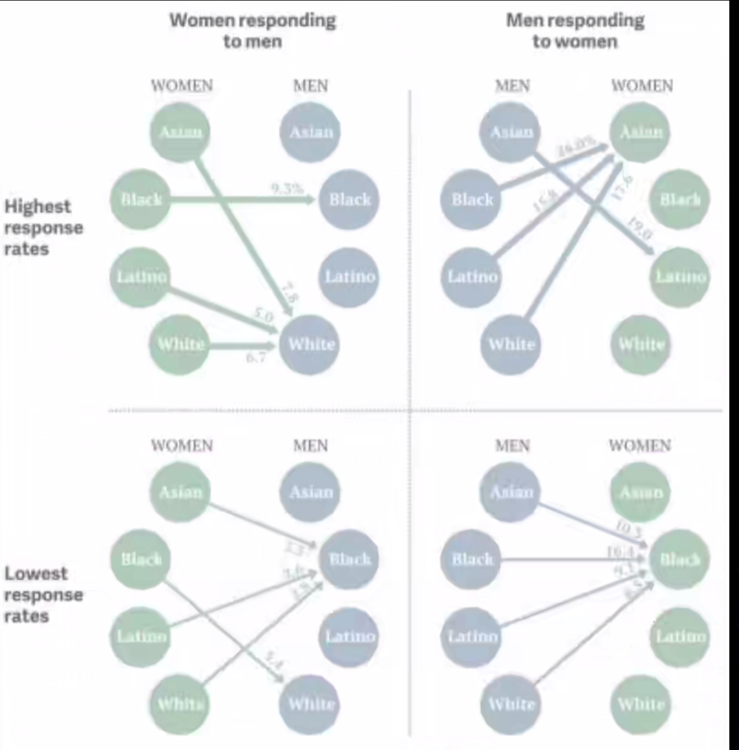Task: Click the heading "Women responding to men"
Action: pyautogui.click(x=253, y=31)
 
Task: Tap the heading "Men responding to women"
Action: pyautogui.click(x=575, y=31)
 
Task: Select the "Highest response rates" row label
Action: pyautogui.click(x=43, y=227)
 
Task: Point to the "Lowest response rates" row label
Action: pyautogui.click(x=43, y=595)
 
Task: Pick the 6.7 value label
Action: pyautogui.click(x=255, y=358)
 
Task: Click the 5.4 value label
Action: pyautogui.click(x=273, y=660)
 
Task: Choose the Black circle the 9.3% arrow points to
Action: pyautogui.click(x=349, y=200)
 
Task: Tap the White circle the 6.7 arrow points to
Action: pyautogui.click(x=311, y=344)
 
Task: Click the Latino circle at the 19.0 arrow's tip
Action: pyautogui.click(x=680, y=277)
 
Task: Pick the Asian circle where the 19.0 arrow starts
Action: pyautogui.click(x=511, y=132)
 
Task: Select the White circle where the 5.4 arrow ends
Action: pyautogui.click(x=311, y=705)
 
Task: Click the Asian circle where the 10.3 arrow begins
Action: pyautogui.click(x=511, y=493)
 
